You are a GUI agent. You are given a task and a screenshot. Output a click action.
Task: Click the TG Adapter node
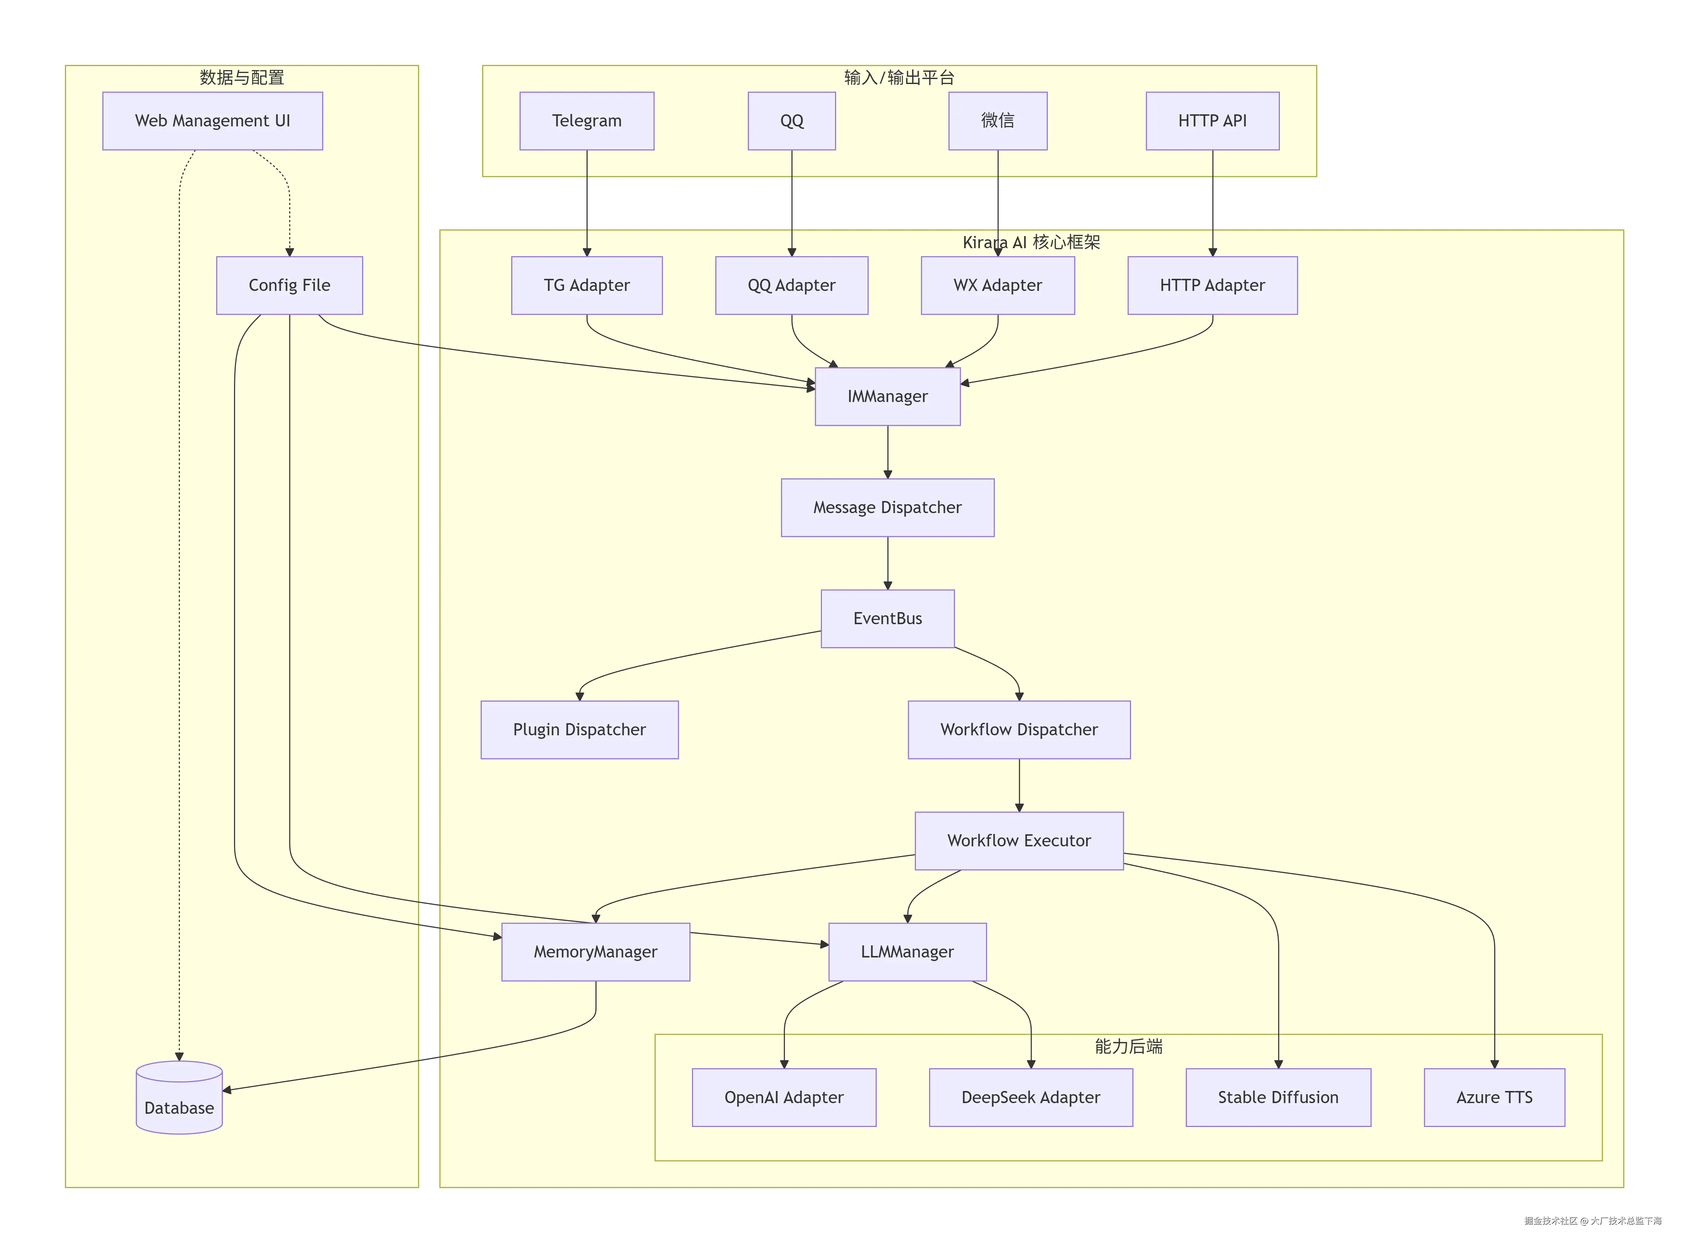[x=586, y=285]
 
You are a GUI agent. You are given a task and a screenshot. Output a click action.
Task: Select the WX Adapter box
[x=997, y=285]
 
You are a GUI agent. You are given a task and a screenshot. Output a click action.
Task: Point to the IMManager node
[x=887, y=397]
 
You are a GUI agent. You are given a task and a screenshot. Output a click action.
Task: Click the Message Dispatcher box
[x=887, y=507]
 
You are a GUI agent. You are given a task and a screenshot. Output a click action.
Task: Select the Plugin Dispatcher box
[x=579, y=730]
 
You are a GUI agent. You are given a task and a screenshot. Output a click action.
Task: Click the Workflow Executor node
[x=1018, y=840]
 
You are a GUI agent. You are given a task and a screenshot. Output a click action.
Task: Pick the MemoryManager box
[x=595, y=952]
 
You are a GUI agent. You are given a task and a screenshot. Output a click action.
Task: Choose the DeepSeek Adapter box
[x=1031, y=1097]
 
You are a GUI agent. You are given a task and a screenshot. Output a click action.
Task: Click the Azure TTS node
[x=1494, y=1097]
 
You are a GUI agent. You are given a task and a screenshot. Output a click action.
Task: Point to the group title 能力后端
[x=1128, y=1047]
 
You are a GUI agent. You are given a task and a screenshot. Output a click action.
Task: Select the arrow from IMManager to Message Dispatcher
[x=887, y=451]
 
